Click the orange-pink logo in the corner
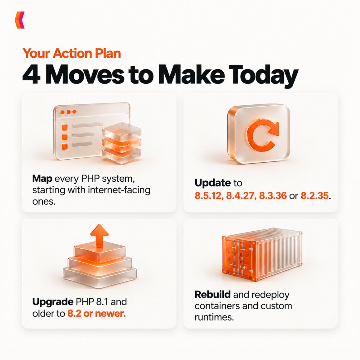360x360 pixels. pos(19,20)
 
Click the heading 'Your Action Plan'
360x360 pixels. pos(72,53)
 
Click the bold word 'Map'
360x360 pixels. pos(42,179)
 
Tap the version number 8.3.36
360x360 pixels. pos(273,196)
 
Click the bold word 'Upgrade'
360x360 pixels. pos(53,302)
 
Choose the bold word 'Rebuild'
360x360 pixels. pos(213,295)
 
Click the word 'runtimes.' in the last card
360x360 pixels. pos(214,317)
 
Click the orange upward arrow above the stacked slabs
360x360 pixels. pos(99,235)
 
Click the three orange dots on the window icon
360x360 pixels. pos(69,112)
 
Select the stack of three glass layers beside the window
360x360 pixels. pos(121,143)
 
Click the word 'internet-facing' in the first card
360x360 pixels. pos(119,190)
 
